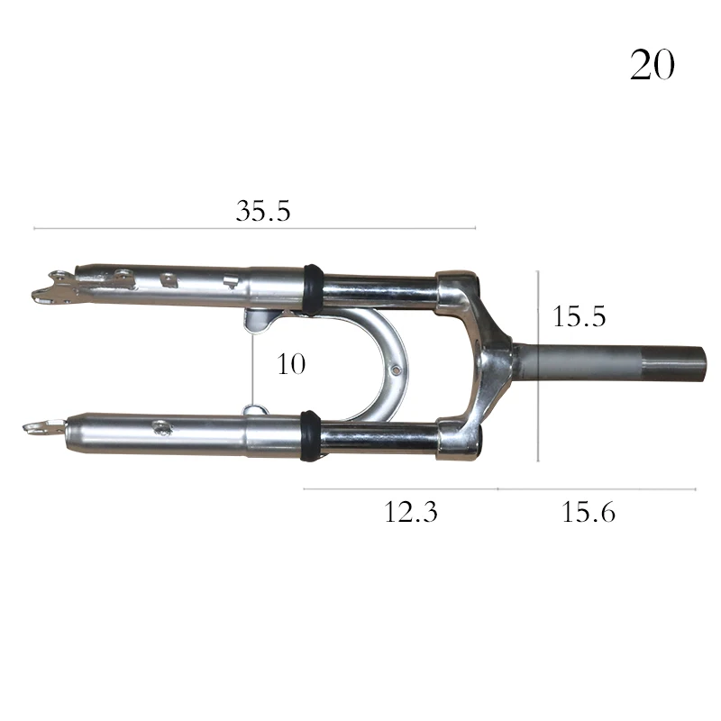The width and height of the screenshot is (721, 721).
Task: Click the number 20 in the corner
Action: [652, 65]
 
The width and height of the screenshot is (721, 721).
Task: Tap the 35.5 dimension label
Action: [263, 211]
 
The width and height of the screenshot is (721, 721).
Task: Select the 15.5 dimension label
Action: [579, 316]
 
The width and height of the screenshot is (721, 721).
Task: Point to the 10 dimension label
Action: [291, 364]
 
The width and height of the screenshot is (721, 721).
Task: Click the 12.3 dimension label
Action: [411, 512]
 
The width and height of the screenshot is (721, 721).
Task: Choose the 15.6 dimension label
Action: [589, 512]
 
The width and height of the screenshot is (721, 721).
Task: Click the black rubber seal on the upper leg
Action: [313, 289]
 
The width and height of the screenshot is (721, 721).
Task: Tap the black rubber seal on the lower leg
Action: [310, 436]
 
